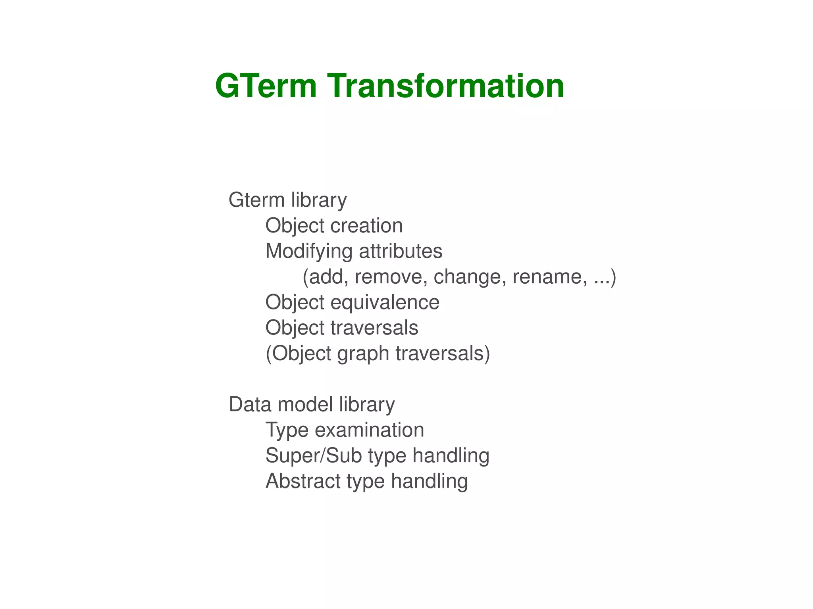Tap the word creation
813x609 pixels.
coord(366,226)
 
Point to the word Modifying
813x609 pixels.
coord(309,252)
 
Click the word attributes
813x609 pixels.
coord(401,251)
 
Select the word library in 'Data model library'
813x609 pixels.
coord(367,405)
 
